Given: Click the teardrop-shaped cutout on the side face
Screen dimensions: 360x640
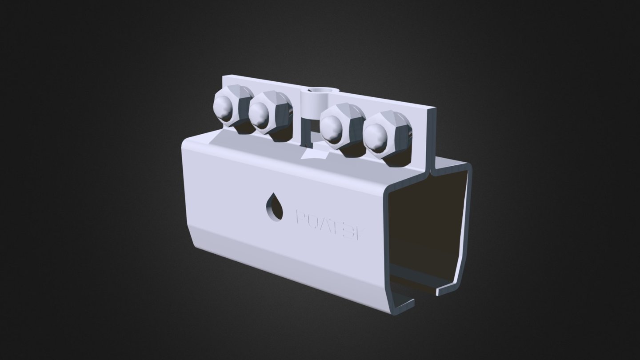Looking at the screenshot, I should coord(275,207).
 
